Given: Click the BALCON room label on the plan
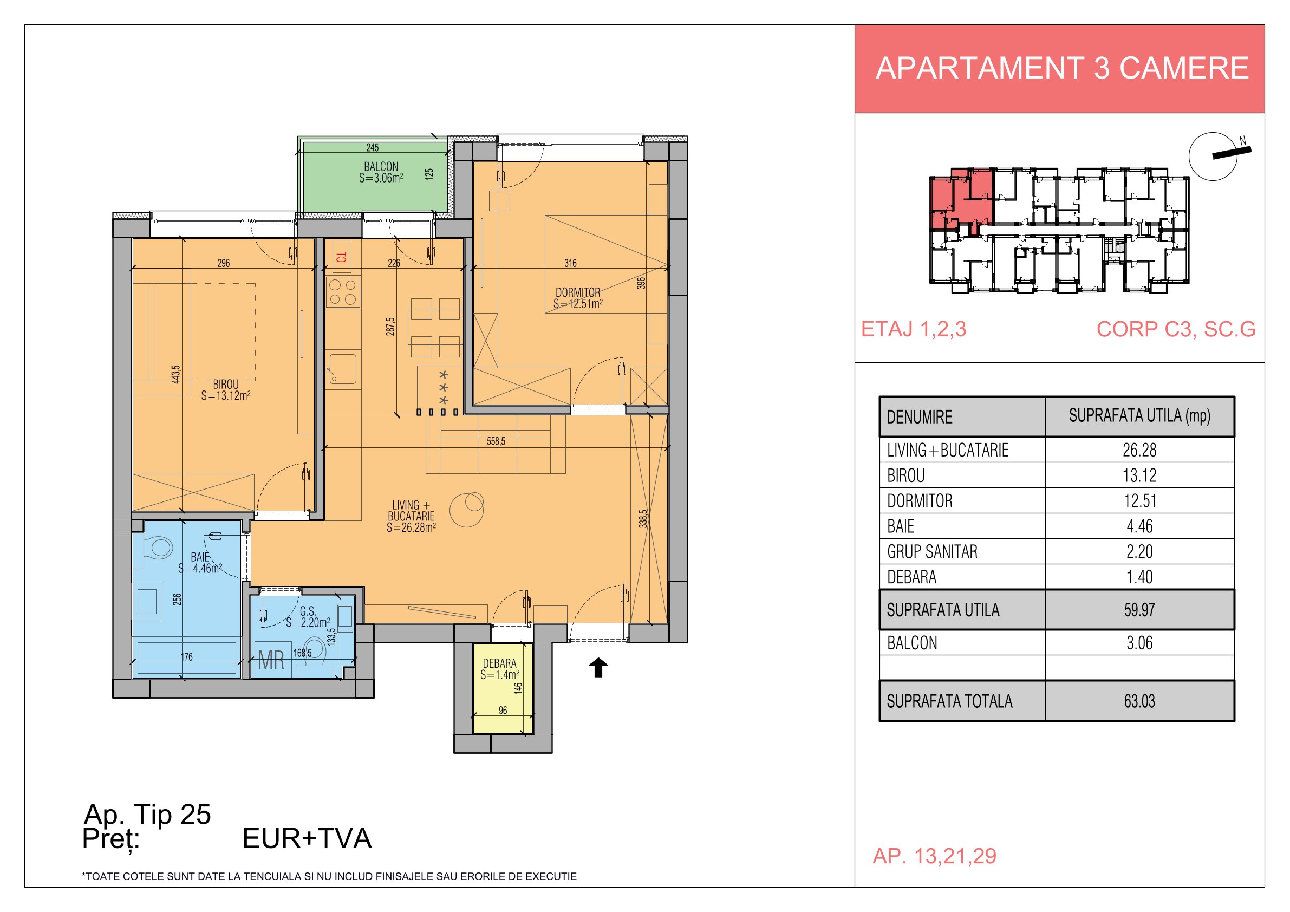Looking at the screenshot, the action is (x=381, y=167).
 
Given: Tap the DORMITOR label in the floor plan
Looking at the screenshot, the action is (x=578, y=293).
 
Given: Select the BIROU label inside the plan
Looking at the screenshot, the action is (x=226, y=385).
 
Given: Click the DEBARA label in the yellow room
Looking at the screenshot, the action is (x=499, y=663).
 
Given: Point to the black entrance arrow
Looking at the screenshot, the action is (x=598, y=668).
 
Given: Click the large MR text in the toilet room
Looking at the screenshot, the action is (x=271, y=660).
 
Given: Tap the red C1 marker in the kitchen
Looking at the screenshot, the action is (x=342, y=257).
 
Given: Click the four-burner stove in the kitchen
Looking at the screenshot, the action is (x=343, y=292).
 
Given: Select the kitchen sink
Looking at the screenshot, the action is (x=343, y=369).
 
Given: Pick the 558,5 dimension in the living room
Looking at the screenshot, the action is (x=496, y=442).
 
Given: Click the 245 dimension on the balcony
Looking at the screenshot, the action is (x=373, y=148).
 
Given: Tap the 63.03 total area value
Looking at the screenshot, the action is (x=1139, y=701).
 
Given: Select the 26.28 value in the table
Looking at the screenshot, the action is (x=1139, y=450).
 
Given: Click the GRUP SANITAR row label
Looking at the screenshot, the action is (x=932, y=552).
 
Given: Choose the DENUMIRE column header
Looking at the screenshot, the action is (x=920, y=417).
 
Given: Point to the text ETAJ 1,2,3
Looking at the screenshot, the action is (x=914, y=329).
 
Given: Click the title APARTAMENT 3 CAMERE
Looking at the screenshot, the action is (x=1062, y=68).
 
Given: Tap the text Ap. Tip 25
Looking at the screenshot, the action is (x=147, y=814).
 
